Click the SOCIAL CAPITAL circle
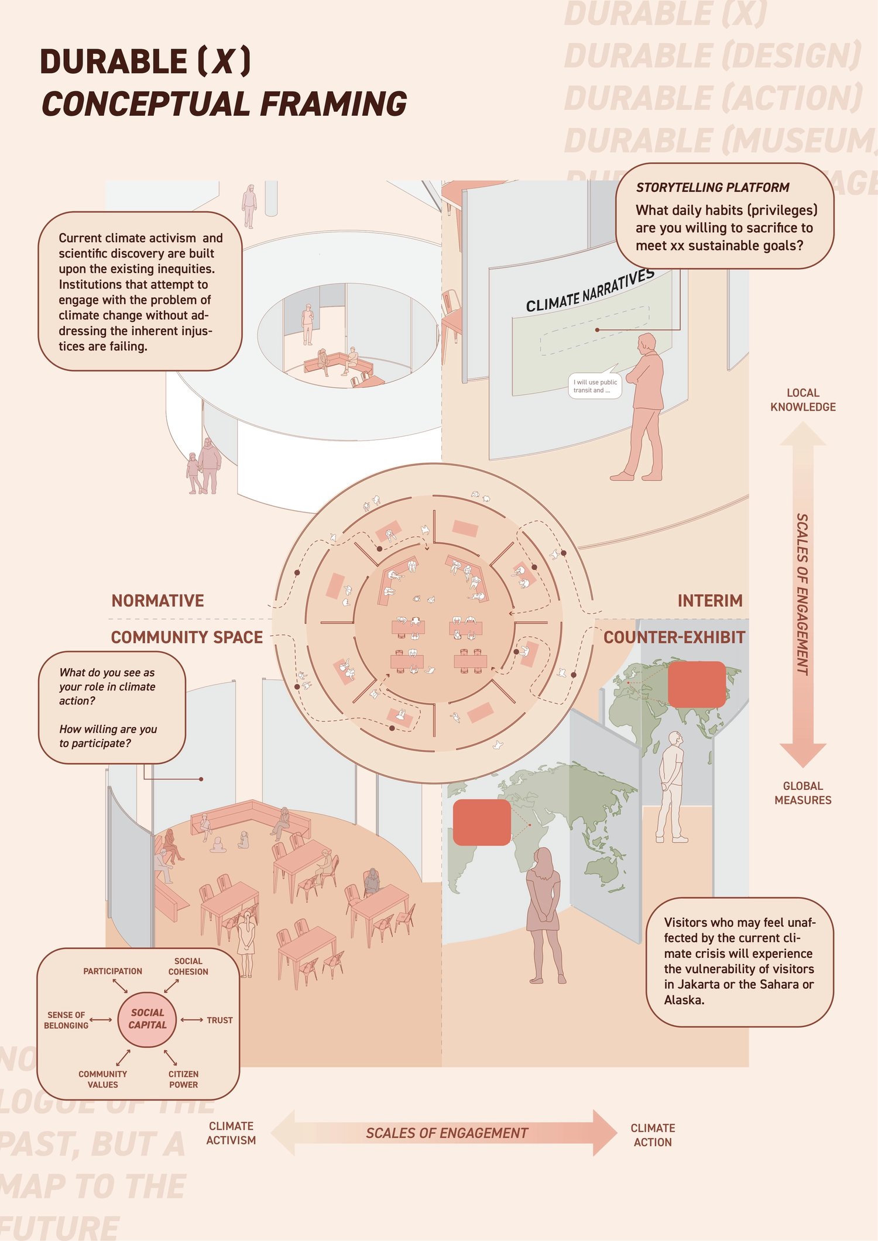click(x=147, y=1019)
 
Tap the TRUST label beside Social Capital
click(x=220, y=1020)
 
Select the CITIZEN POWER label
click(x=183, y=1079)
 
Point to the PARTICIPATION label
click(x=112, y=971)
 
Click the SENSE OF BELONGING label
click(x=66, y=1020)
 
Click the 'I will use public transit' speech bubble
click(x=595, y=386)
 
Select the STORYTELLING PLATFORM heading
click(x=712, y=187)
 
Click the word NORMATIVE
click(x=157, y=601)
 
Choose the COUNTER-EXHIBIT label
click(x=674, y=637)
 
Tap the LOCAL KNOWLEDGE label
click(x=802, y=400)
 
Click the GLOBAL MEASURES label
click(x=802, y=793)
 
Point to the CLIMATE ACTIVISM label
click(x=231, y=1133)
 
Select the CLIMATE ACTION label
click(x=653, y=1135)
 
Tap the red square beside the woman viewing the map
click(x=482, y=823)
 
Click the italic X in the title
click(x=224, y=61)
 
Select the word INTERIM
click(x=709, y=601)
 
